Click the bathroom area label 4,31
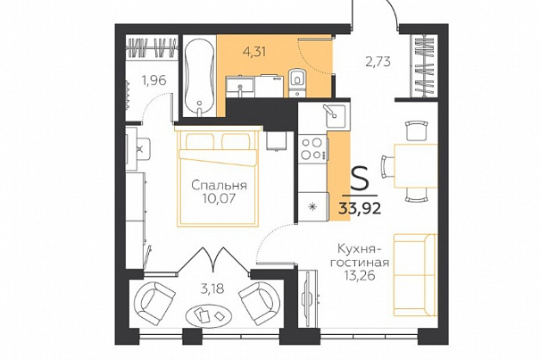point(254,52)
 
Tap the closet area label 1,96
point(154,80)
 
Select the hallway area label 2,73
point(378,62)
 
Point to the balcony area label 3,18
point(212,289)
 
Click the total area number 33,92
point(360,208)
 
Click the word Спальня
point(219,186)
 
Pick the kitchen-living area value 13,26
point(360,275)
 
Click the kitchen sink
point(334,116)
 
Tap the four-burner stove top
point(312,148)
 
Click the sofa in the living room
point(415,275)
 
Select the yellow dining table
point(416,166)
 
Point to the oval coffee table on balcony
point(209,315)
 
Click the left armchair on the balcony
point(154,301)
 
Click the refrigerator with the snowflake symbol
point(312,207)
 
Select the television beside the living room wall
point(308,298)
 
